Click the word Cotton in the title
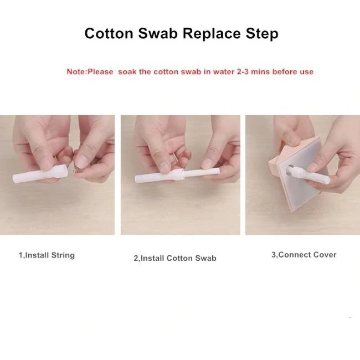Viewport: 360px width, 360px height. [109, 33]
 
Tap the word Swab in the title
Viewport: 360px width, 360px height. [158, 33]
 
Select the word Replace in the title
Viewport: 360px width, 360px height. [212, 34]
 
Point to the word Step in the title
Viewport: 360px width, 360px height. [262, 34]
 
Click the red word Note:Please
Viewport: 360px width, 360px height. [90, 71]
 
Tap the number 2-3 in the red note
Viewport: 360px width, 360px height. [243, 71]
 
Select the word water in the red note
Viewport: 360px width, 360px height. [224, 71]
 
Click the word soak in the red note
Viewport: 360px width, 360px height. [127, 71]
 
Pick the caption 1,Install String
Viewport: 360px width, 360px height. [47, 255]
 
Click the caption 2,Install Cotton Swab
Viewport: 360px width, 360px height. [175, 258]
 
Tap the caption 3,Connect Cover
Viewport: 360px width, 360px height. [304, 255]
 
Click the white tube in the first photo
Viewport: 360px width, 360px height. [40, 174]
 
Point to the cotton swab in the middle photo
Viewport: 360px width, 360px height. [177, 175]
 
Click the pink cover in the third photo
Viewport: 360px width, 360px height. [299, 174]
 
